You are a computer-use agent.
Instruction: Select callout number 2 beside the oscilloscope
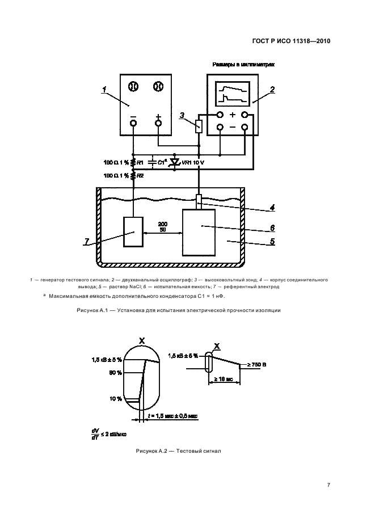coord(272,90)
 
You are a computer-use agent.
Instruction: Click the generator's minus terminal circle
coord(133,123)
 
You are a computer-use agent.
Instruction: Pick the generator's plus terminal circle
coord(158,123)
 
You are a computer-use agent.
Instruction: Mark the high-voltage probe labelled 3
coord(198,125)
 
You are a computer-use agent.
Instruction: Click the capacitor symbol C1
coord(152,162)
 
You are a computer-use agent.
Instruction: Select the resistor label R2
coord(140,176)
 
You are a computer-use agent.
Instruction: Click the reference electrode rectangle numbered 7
coord(135,232)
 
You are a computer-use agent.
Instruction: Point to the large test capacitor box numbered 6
coord(199,233)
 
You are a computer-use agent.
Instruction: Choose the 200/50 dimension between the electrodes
coord(163,227)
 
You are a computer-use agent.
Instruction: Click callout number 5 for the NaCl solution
coord(272,241)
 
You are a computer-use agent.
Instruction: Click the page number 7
coord(328,484)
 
